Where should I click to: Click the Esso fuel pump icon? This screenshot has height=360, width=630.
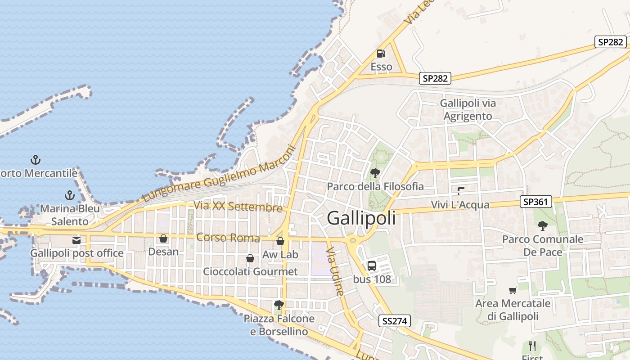pos(381,54)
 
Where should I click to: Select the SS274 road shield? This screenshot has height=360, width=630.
pos(394,321)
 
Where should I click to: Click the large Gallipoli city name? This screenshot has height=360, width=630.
pos(361,218)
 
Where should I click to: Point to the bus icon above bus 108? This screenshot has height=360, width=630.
pos(372,266)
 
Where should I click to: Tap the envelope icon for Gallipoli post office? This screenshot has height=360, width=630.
pos(76,240)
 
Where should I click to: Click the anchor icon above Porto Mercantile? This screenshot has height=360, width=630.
pos(35,159)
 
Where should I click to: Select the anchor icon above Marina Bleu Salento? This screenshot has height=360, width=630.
pos(69,195)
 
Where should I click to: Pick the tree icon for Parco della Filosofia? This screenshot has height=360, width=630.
pos(375,173)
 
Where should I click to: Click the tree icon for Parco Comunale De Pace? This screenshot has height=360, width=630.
pos(543,225)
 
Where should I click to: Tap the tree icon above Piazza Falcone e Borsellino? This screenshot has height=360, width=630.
pos(279,305)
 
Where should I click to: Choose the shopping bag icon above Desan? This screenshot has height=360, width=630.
pos(163,238)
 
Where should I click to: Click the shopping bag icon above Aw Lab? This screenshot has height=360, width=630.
pos(280,242)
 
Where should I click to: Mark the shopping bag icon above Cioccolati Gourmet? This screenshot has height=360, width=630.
pos(250,258)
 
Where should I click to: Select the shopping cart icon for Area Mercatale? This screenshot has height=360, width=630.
pos(513,290)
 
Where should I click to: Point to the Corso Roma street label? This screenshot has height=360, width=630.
pos(228,238)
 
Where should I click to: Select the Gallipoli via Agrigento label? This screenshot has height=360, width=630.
pos(468,110)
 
